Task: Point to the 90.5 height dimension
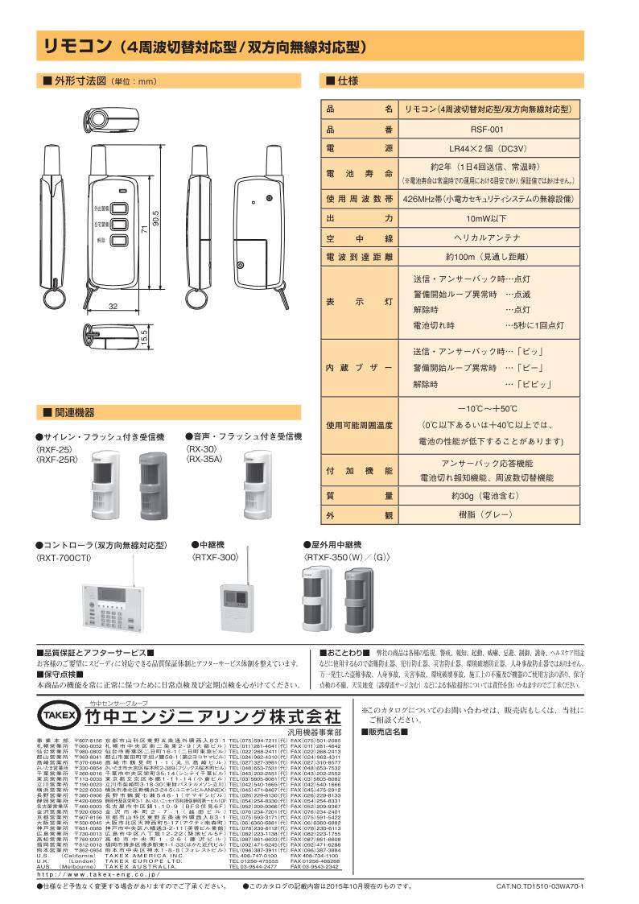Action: (158, 218)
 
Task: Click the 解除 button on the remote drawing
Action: (119, 240)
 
